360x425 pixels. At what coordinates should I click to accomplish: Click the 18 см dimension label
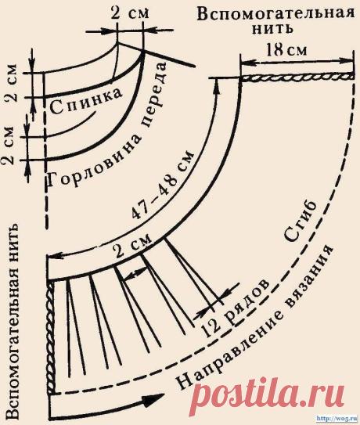click(x=286, y=50)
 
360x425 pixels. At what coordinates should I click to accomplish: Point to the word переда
click(x=154, y=94)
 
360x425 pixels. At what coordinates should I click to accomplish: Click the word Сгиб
click(x=300, y=222)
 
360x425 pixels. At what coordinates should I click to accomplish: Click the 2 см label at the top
click(x=130, y=13)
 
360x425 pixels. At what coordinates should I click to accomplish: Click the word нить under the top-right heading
click(x=272, y=29)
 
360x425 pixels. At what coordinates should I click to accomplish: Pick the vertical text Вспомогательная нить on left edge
click(x=16, y=321)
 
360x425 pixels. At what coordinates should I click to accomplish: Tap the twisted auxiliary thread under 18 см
click(x=297, y=78)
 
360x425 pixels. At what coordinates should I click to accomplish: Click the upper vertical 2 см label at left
click(x=12, y=83)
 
